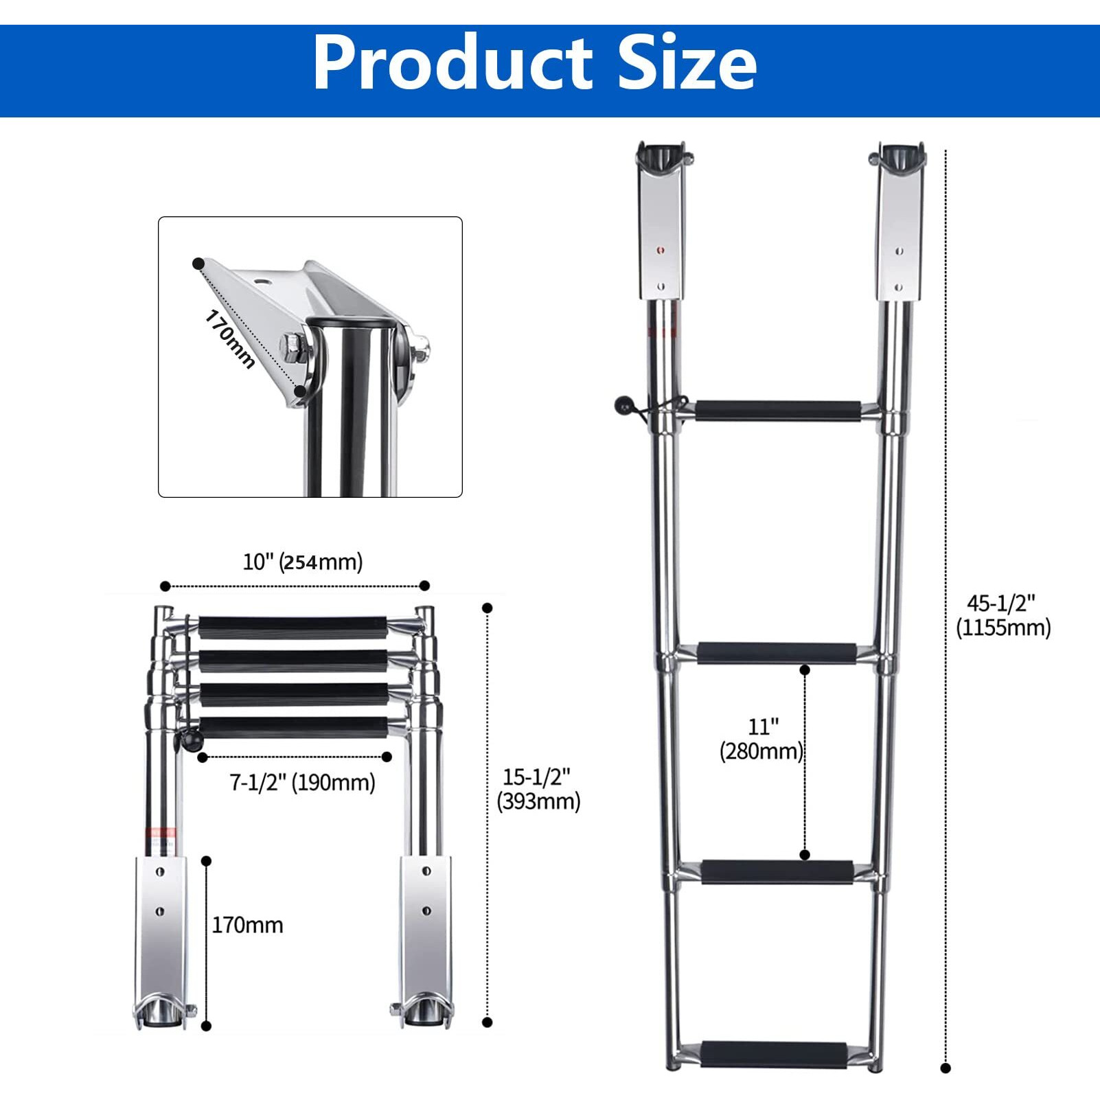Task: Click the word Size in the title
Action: tap(687, 63)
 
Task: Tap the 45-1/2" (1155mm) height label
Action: tap(1002, 615)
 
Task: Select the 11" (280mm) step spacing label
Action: tap(761, 739)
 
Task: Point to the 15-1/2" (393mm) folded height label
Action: tap(538, 789)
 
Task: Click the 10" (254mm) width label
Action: tap(302, 562)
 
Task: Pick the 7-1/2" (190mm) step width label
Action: tap(302, 782)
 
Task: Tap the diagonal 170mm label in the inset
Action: tap(230, 339)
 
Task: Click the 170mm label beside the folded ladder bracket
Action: tap(247, 925)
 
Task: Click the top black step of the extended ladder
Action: tap(777, 411)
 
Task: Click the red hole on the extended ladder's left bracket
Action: tap(661, 251)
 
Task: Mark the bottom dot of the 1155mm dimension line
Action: tap(946, 1068)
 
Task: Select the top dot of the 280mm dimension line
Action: tap(805, 669)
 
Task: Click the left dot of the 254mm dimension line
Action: tap(165, 586)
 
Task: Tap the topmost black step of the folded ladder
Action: tap(293, 628)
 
